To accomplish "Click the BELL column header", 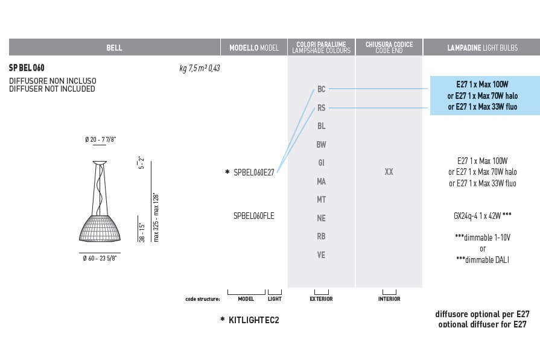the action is pyautogui.click(x=114, y=48).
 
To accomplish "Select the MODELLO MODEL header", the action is pyautogui.click(x=254, y=48).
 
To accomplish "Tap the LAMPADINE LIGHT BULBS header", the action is pyautogui.click(x=482, y=48).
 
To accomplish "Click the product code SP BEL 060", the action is pyautogui.click(x=27, y=68).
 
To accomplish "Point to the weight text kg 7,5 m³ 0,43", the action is pyautogui.click(x=199, y=68).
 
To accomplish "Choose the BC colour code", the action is pyautogui.click(x=322, y=89).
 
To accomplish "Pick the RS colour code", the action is pyautogui.click(x=322, y=108).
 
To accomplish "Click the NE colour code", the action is pyautogui.click(x=322, y=218).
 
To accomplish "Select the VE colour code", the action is pyautogui.click(x=322, y=254).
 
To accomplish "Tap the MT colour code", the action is pyautogui.click(x=322, y=199).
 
